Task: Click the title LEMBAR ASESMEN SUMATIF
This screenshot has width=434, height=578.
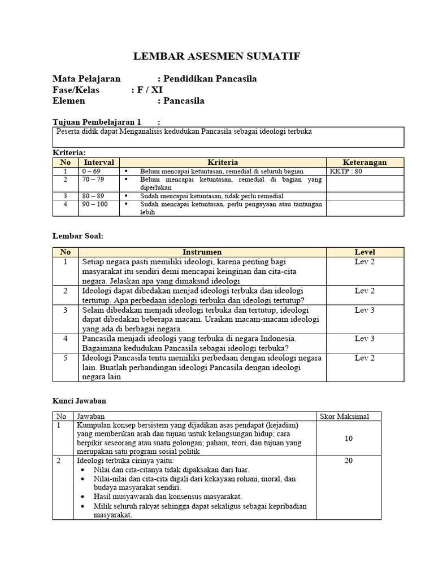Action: coord(216,56)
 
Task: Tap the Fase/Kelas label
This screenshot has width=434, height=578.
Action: coord(75,90)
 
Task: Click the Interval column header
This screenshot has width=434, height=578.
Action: coord(99,162)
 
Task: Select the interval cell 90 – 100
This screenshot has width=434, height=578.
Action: coord(95,204)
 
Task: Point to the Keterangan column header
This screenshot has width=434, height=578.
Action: coord(364,162)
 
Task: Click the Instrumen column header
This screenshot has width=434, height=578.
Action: coord(202,252)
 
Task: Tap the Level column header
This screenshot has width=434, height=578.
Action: coord(364,252)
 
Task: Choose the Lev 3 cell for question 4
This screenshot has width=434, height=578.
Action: coord(364,338)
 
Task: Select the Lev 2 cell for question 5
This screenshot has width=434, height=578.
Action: coord(364,358)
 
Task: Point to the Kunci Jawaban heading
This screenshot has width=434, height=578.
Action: coord(79,400)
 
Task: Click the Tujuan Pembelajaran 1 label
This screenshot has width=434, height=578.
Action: coord(97,121)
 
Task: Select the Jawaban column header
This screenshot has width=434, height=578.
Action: coord(90,417)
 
